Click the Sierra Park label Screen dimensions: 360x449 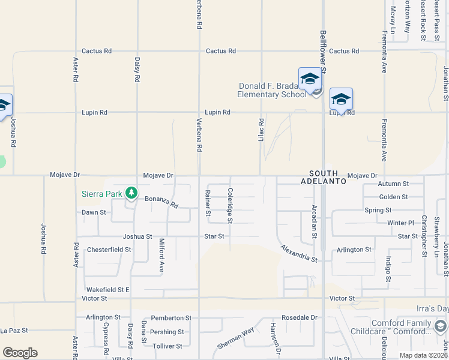tap(101, 193)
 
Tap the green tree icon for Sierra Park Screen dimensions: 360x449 tap(130, 193)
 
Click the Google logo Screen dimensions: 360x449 tap(20, 353)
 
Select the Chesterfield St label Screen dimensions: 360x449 tap(109, 250)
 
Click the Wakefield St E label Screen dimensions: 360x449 tap(107, 289)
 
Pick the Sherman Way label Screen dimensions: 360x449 tap(236, 339)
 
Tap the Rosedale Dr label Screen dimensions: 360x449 tap(299, 317)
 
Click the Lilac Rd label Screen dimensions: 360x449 tap(261, 130)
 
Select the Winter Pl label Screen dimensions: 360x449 tap(400, 223)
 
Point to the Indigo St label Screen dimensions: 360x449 tap(388, 268)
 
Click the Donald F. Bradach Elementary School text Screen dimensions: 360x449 tap(271, 90)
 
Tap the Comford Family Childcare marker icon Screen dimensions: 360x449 tap(440, 326)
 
